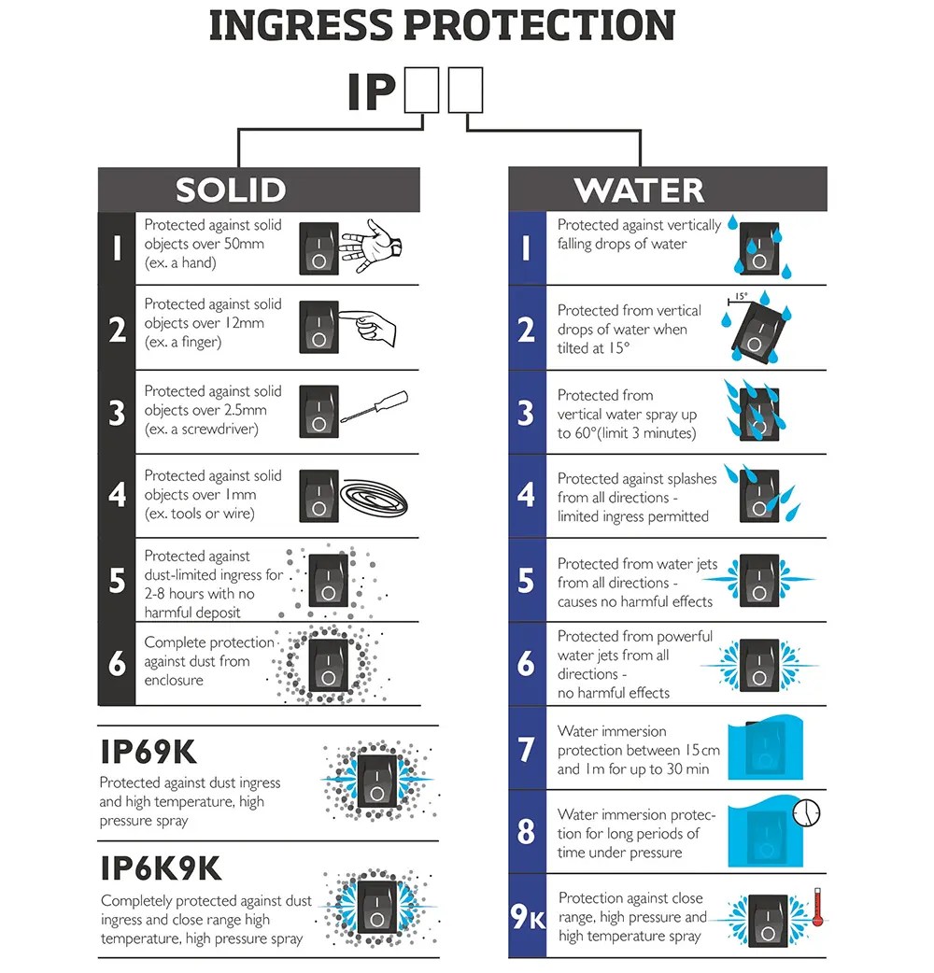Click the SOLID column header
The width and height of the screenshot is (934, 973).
tap(231, 190)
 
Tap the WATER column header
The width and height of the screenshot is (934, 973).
tap(639, 190)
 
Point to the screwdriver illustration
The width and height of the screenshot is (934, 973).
tap(375, 407)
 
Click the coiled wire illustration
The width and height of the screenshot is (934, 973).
tap(374, 498)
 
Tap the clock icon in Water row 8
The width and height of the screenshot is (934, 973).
tap(806, 812)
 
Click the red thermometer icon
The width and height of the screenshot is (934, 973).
tap(817, 908)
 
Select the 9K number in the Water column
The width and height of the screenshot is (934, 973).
tap(528, 916)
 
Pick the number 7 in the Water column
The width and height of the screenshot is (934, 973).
tap(526, 749)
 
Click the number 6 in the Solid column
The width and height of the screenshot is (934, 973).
tap(118, 663)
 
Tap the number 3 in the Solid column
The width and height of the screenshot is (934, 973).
tap(118, 413)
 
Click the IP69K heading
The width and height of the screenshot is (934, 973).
tap(149, 752)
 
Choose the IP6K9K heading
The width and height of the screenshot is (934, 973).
tap(161, 868)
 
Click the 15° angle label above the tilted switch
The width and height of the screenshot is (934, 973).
tap(741, 296)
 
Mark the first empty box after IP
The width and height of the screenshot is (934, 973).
tap(421, 91)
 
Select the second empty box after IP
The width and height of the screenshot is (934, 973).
tap(465, 91)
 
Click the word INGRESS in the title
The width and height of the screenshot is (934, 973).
tap(302, 25)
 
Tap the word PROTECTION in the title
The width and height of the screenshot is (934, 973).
tap(540, 25)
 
